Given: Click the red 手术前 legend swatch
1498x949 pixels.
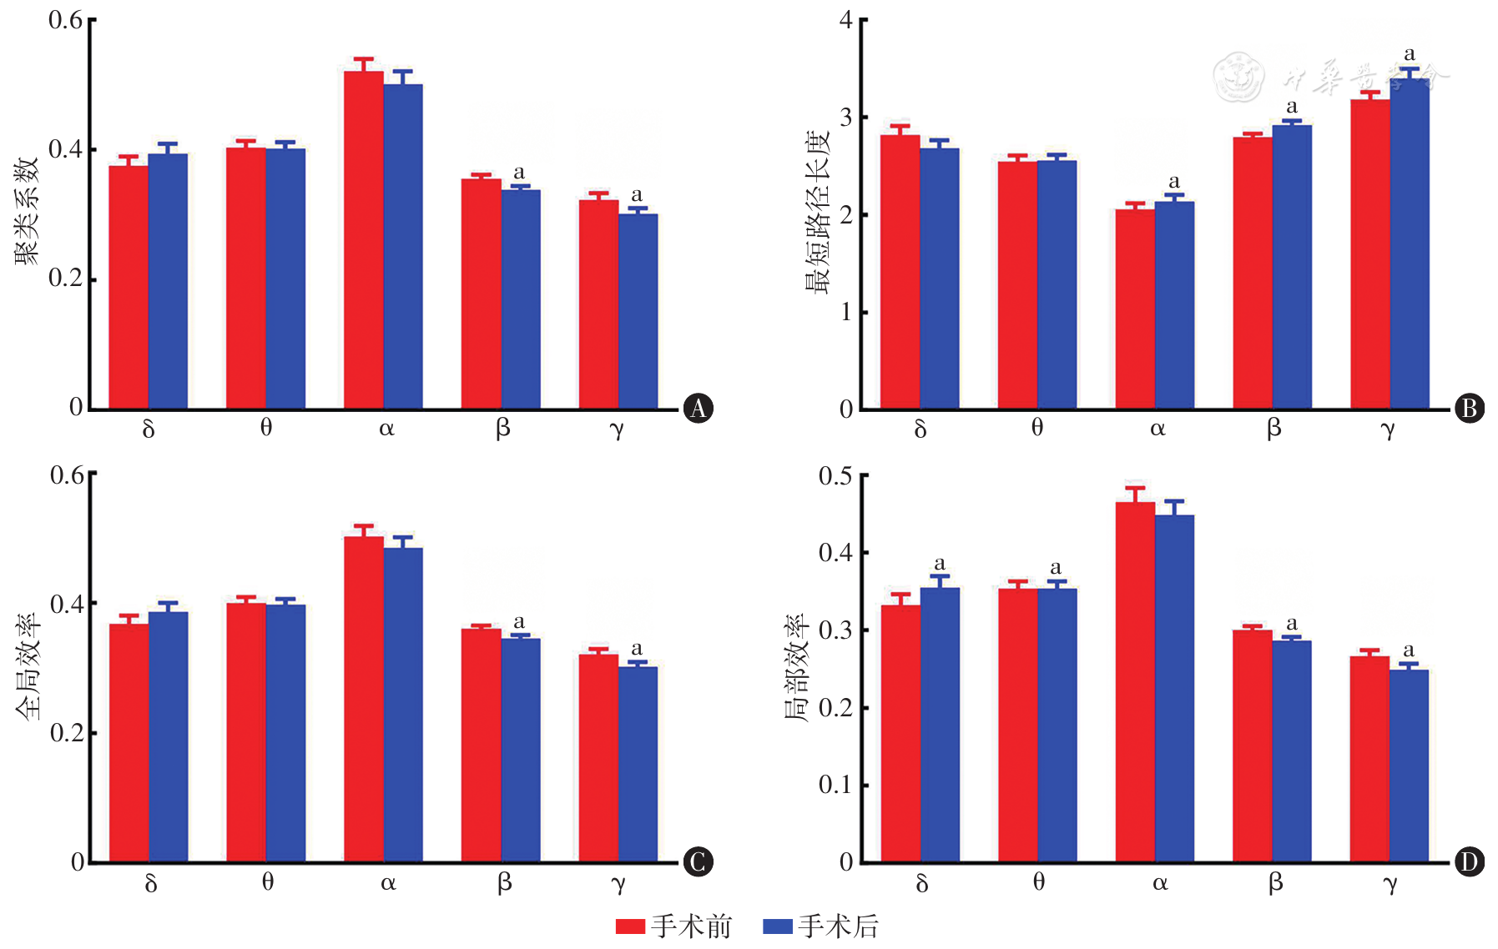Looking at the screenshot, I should click(x=630, y=926).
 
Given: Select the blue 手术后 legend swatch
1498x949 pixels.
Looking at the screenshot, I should click(x=777, y=926).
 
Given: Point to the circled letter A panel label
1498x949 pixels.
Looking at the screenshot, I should click(x=698, y=408).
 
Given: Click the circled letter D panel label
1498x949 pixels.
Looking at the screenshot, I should click(x=1469, y=861).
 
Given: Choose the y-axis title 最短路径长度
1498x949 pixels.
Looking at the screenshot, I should click(x=818, y=212).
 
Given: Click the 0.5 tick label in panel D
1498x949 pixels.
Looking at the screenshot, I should click(x=835, y=476).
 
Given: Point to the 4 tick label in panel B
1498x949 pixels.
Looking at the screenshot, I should click(x=846, y=20).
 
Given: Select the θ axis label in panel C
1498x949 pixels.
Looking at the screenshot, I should click(x=268, y=881).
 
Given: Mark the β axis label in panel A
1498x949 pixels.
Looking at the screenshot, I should click(x=502, y=429).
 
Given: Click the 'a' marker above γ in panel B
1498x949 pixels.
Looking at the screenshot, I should click(x=1410, y=54).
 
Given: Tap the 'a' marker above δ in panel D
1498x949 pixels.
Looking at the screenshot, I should click(x=940, y=564).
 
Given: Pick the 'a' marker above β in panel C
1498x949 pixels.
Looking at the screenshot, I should click(x=519, y=622).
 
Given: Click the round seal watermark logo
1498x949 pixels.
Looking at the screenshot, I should click(x=1238, y=77).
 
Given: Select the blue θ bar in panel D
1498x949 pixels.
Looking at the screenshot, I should click(x=1057, y=725).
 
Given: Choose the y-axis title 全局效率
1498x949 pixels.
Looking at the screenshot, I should click(x=27, y=667).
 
